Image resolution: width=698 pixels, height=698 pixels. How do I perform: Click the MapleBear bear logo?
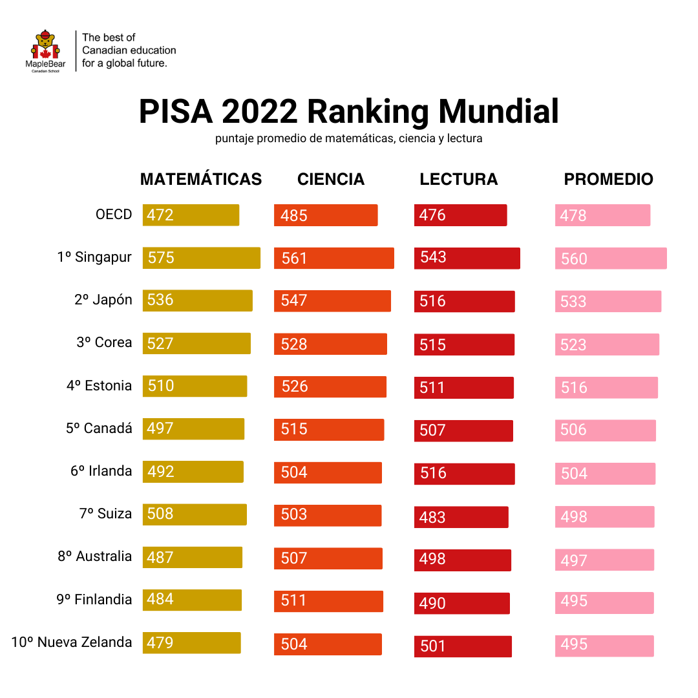click(x=45, y=48)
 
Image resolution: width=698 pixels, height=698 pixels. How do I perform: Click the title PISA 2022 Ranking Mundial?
click(x=348, y=112)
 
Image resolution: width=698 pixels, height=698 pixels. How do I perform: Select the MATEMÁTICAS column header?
click(x=201, y=179)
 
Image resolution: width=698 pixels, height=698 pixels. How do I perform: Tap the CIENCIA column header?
click(x=331, y=179)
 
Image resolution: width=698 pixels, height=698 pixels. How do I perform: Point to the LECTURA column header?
click(x=459, y=179)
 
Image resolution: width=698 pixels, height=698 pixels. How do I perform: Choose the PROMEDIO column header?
click(x=608, y=179)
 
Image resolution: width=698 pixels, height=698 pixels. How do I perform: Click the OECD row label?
click(x=114, y=215)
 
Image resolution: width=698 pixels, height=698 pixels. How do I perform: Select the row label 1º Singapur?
click(x=94, y=257)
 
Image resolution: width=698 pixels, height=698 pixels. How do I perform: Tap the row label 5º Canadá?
click(x=99, y=428)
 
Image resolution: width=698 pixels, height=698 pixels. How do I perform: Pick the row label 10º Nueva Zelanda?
click(x=72, y=642)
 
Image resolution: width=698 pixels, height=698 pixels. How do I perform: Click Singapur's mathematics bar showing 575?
click(x=201, y=258)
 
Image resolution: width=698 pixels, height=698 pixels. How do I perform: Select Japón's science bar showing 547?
click(x=332, y=301)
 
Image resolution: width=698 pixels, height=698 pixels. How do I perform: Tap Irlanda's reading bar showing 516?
click(x=464, y=474)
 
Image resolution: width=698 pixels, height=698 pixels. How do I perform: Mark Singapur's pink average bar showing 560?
click(x=611, y=259)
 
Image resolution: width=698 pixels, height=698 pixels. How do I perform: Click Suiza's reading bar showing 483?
click(x=461, y=517)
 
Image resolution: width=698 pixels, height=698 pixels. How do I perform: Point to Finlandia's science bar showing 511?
click(x=328, y=601)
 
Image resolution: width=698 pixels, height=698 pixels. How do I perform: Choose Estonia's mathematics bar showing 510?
click(x=195, y=386)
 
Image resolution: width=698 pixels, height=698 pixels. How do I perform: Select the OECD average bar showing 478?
click(x=602, y=215)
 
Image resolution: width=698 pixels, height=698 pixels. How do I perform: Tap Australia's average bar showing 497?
click(x=604, y=560)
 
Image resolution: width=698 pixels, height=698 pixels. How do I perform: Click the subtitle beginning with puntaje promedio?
click(x=348, y=138)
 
